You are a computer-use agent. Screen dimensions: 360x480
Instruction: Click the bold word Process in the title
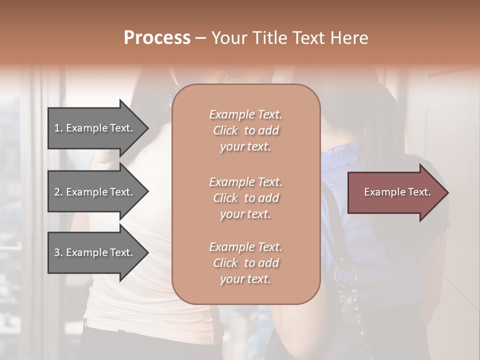157,38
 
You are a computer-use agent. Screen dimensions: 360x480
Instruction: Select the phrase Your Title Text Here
289,38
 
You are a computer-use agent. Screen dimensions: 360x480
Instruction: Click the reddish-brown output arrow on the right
395,192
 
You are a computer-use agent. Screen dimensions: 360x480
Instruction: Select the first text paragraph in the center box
245,130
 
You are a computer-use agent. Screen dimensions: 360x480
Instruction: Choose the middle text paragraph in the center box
245,198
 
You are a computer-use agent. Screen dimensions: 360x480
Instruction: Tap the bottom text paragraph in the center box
245,263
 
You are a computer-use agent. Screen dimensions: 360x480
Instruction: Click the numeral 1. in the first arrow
58,128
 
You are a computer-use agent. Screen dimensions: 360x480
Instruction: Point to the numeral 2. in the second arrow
58,192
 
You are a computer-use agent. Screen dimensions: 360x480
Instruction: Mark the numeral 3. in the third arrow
58,252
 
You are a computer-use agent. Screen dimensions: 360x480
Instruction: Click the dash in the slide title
200,38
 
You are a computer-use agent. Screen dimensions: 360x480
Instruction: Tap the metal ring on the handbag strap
345,274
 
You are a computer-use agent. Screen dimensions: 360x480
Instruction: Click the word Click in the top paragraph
225,130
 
